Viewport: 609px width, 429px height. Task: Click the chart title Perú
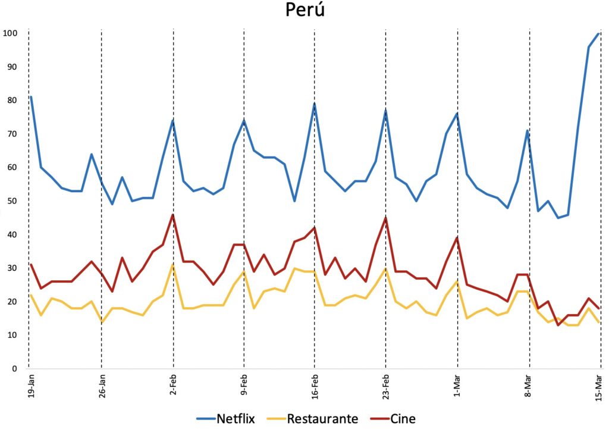pyautogui.click(x=304, y=11)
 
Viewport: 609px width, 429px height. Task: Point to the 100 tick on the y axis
pyautogui.click(x=10, y=33)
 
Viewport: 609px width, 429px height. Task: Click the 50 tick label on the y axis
pyautogui.click(x=12, y=201)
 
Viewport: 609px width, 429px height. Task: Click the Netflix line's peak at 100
pyautogui.click(x=599, y=33)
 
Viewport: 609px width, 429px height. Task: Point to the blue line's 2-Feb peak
pyautogui.click(x=173, y=120)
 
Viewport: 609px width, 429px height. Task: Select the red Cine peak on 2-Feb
pyautogui.click(x=173, y=215)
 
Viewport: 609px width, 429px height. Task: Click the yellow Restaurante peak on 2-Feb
pyautogui.click(x=173, y=265)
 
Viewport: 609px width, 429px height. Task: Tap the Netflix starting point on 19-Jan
pyautogui.click(x=30, y=96)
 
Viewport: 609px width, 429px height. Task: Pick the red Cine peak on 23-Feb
pyautogui.click(x=386, y=218)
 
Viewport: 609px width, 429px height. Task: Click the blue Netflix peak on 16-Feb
pyautogui.click(x=315, y=104)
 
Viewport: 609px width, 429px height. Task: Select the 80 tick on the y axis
pyautogui.click(x=12, y=100)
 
